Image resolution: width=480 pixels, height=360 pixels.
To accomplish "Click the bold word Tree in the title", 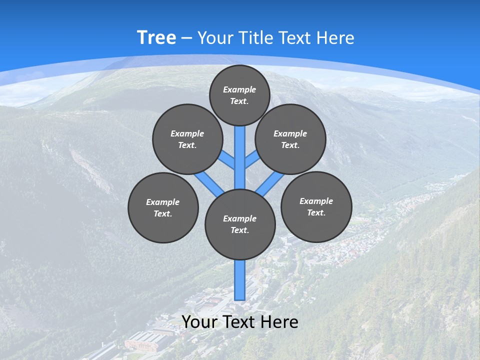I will (x=156, y=37).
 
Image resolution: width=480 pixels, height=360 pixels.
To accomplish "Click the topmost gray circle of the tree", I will (x=239, y=95).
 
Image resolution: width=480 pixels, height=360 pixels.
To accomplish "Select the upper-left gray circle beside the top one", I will (x=187, y=139).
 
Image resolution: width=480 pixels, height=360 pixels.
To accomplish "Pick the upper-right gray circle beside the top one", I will (x=290, y=139).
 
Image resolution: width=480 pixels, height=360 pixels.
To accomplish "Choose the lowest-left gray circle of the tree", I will (x=163, y=207).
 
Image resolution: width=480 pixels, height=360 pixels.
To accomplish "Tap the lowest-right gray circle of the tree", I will (x=316, y=206).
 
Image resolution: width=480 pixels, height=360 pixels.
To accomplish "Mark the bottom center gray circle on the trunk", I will (x=240, y=224).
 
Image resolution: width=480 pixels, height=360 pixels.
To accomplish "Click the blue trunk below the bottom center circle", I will (x=240, y=280).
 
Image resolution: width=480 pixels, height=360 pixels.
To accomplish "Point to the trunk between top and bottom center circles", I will (x=240, y=160).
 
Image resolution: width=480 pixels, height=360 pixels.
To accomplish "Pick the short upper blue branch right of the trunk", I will (x=252, y=160).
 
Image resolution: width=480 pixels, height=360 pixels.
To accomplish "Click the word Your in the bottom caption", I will (x=199, y=322).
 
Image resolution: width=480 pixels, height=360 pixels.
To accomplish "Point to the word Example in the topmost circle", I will (x=239, y=89).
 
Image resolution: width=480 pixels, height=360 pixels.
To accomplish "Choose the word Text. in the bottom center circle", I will (x=239, y=230).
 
